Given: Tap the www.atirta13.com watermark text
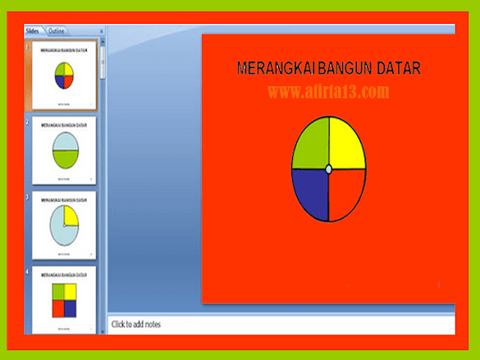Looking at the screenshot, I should pos(328,92).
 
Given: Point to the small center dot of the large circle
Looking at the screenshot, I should pos(329,169).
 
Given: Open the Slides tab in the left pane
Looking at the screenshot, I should pos(33,31).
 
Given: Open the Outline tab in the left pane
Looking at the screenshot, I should pos(57,31).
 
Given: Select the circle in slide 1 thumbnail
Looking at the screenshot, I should pos(64,75).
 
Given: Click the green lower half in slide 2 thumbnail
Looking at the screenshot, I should pos(64,161).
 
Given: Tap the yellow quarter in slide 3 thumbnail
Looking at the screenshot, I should pos(71,216).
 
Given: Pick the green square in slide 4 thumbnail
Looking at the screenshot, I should pos(57,292).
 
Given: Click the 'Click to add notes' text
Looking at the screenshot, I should pos(136,325).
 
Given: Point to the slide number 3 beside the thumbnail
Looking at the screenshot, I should pos(27,198).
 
